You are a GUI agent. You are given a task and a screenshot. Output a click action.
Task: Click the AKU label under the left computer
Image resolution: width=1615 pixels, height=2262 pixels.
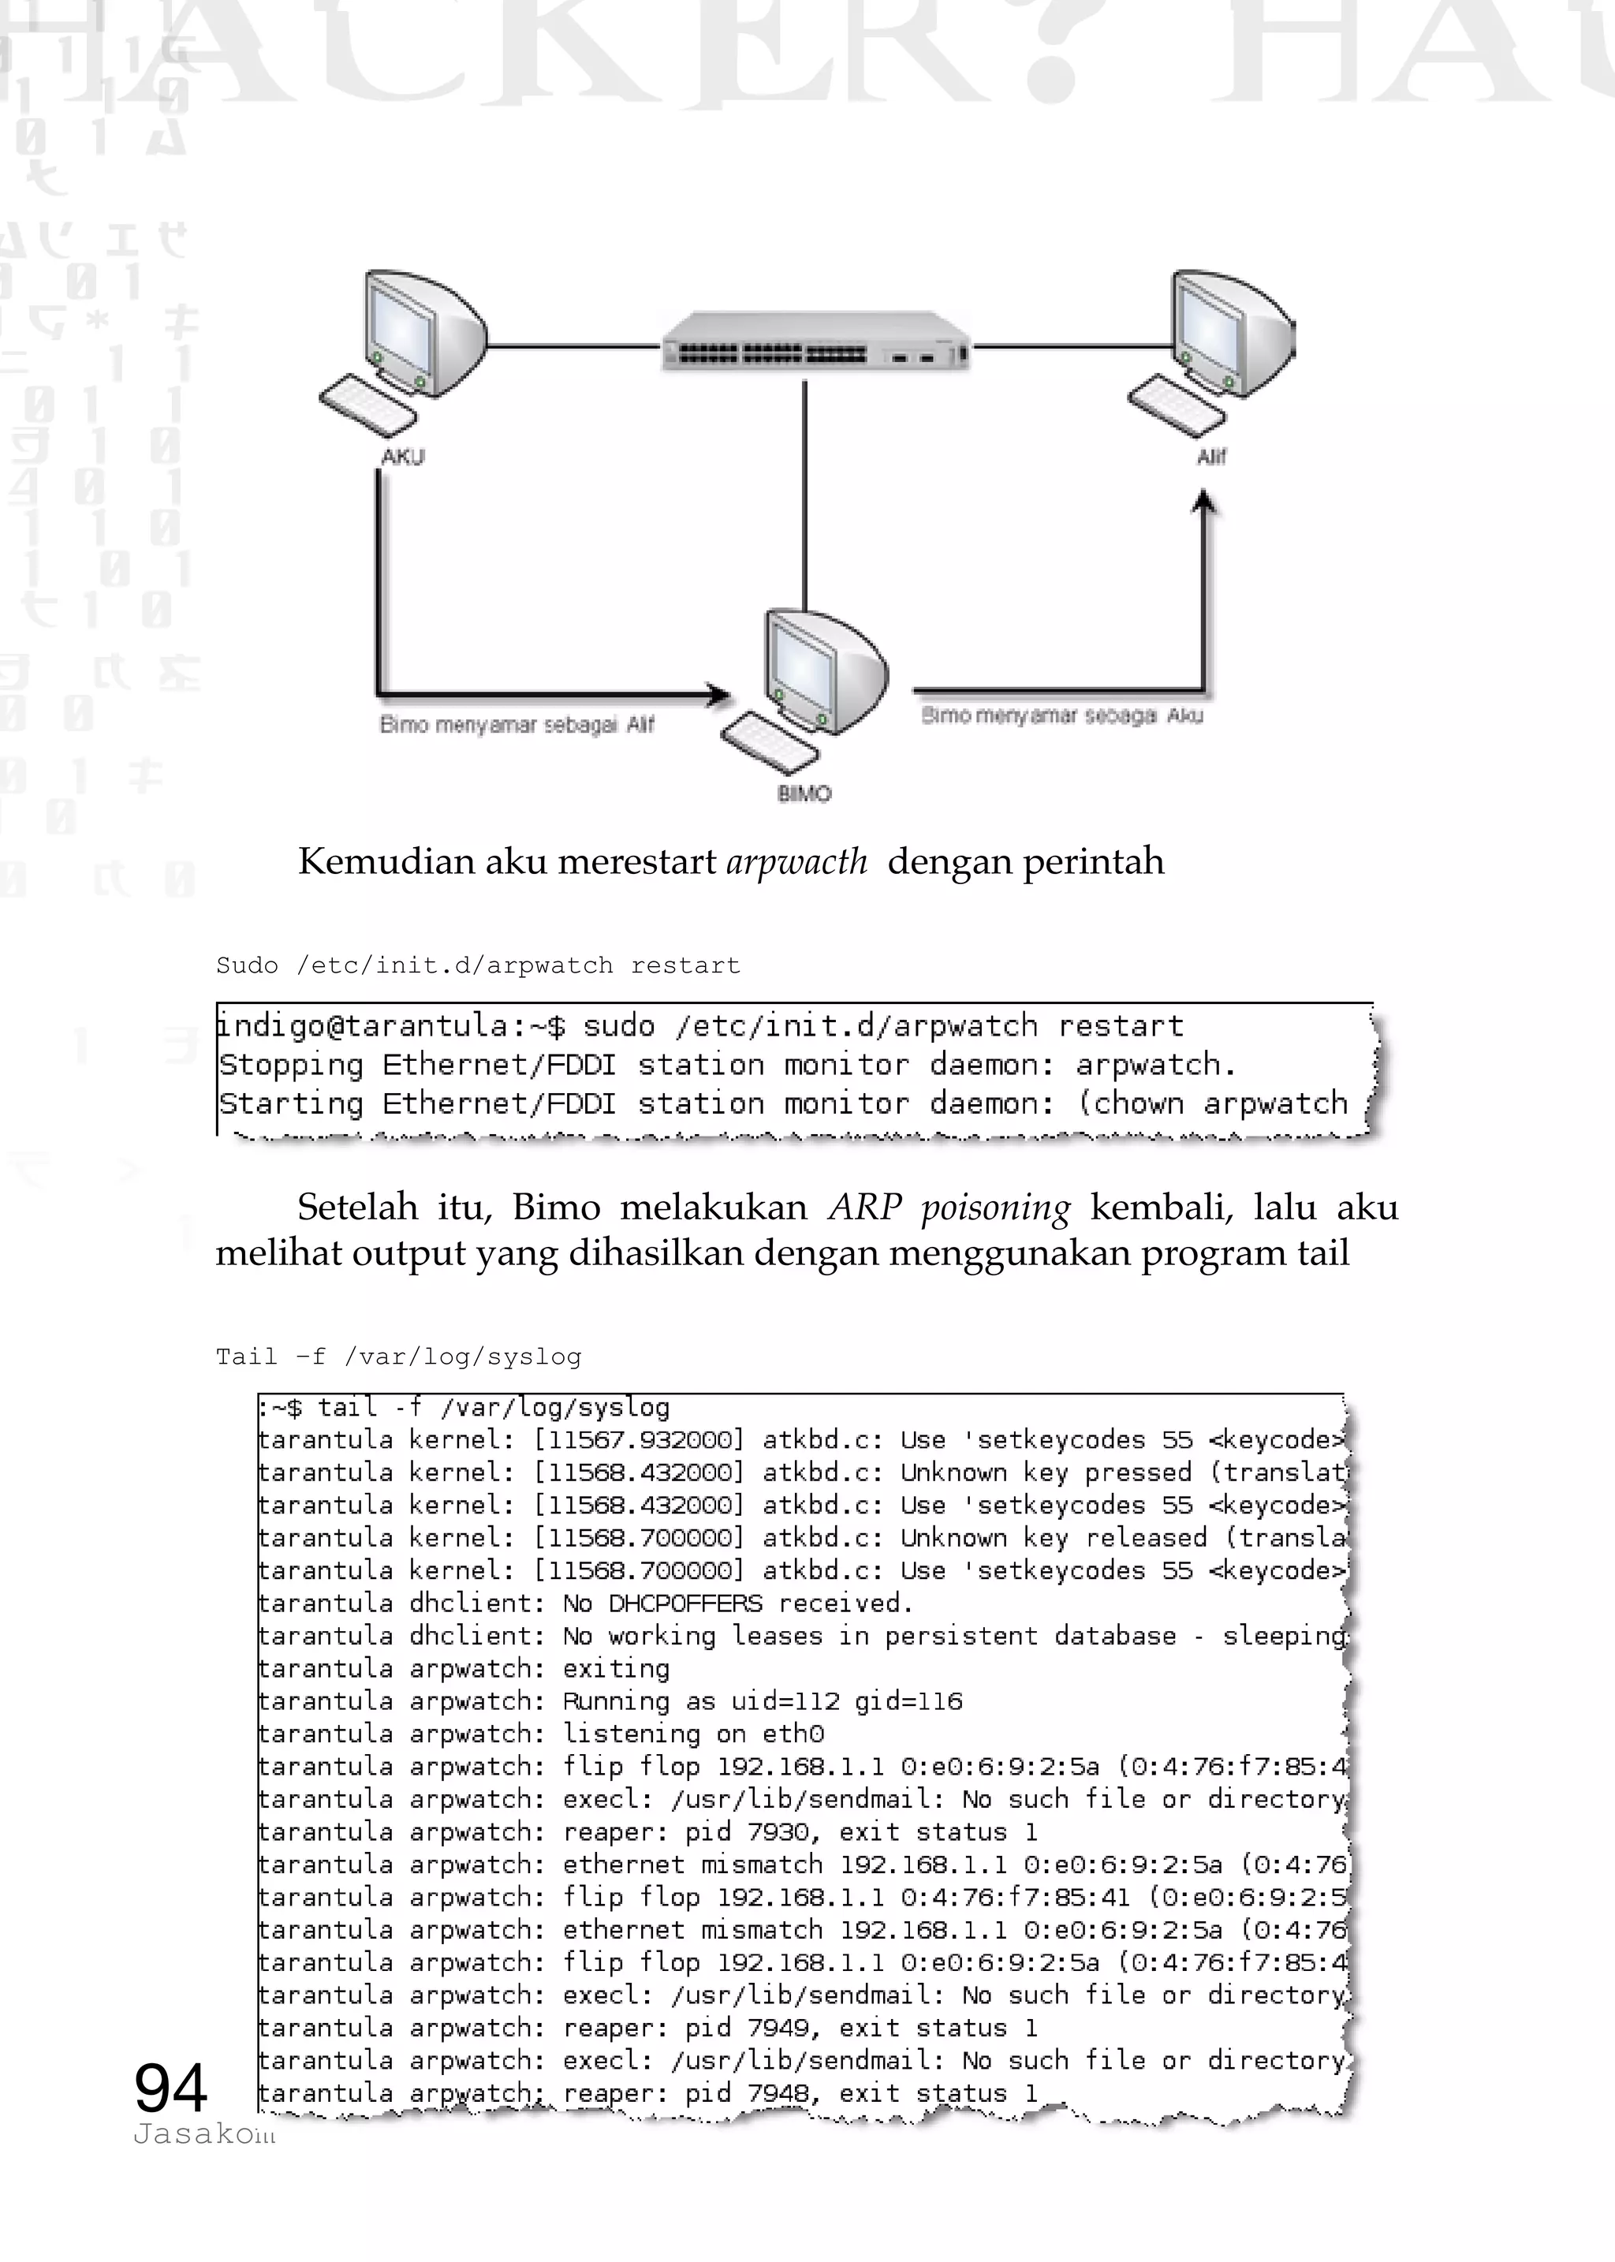(403, 457)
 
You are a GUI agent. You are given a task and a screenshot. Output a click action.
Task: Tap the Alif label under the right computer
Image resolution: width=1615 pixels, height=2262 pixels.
(1210, 457)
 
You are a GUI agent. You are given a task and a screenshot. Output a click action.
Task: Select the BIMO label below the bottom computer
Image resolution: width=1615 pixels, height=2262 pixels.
(804, 793)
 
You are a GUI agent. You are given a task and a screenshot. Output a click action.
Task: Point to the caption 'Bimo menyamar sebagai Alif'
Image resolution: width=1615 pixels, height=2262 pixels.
(517, 724)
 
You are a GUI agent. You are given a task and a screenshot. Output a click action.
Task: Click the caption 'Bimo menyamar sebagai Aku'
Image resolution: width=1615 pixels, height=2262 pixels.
(1062, 715)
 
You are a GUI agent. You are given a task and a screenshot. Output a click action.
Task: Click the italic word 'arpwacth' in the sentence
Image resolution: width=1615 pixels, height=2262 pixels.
(796, 861)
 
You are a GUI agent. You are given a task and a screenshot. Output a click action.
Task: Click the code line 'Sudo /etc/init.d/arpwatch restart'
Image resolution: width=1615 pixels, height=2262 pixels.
(477, 965)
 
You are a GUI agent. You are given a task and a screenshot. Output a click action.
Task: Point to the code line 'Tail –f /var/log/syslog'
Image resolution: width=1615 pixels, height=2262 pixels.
(397, 1357)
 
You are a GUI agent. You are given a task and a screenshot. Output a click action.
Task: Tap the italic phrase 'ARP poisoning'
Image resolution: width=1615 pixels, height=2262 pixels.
(949, 1208)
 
